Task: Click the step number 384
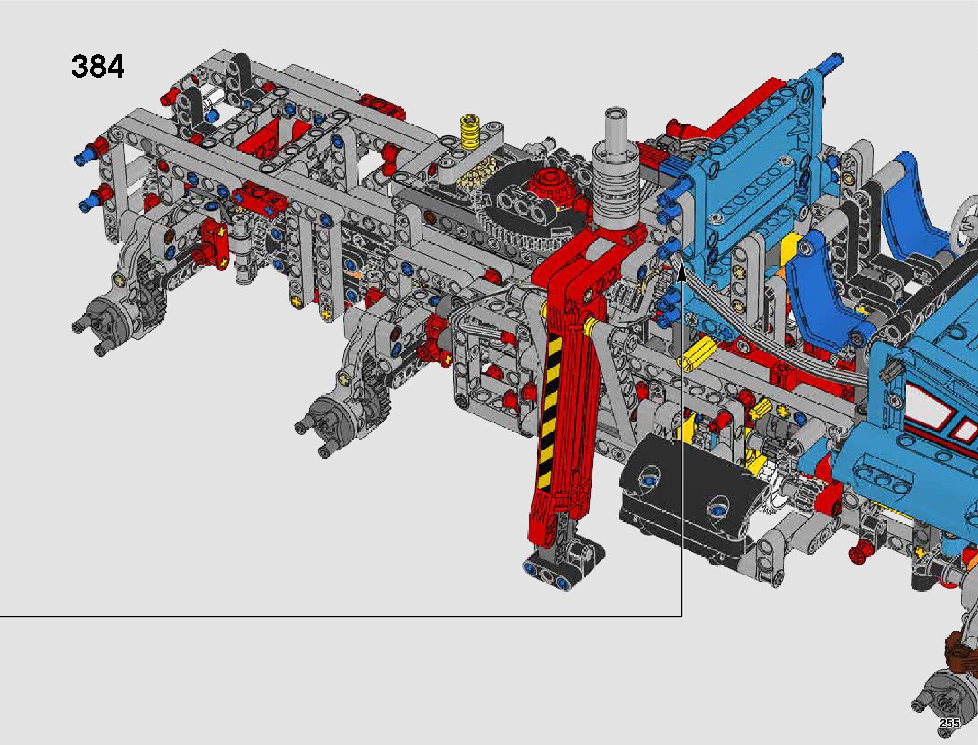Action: (x=97, y=67)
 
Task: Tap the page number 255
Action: (x=949, y=723)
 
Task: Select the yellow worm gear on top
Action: (x=469, y=131)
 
